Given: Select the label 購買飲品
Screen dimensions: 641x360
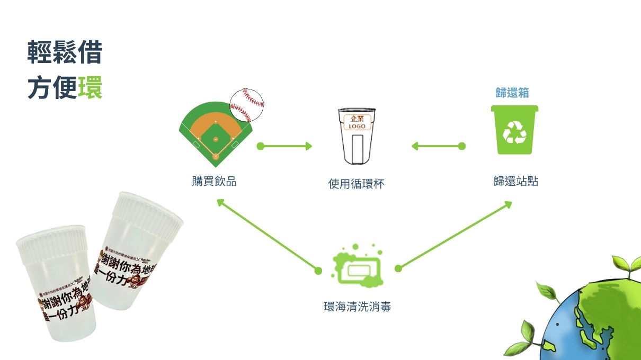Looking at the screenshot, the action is point(214,182).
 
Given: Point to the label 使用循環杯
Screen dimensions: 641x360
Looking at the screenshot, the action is point(356,184).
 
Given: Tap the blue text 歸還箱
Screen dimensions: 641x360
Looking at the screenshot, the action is point(512,93).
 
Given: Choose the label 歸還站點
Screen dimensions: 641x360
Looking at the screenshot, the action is point(515,182).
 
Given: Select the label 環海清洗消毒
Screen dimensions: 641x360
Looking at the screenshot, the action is point(357,307).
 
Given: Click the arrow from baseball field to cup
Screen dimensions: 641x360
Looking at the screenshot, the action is point(284,146).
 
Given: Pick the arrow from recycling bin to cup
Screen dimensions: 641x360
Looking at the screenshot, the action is point(437,146).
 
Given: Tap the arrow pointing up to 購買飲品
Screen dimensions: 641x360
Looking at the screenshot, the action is point(268,235).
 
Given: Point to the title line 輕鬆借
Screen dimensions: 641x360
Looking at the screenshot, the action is point(65,54).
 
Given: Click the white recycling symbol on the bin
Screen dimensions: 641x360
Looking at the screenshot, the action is point(514,132).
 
